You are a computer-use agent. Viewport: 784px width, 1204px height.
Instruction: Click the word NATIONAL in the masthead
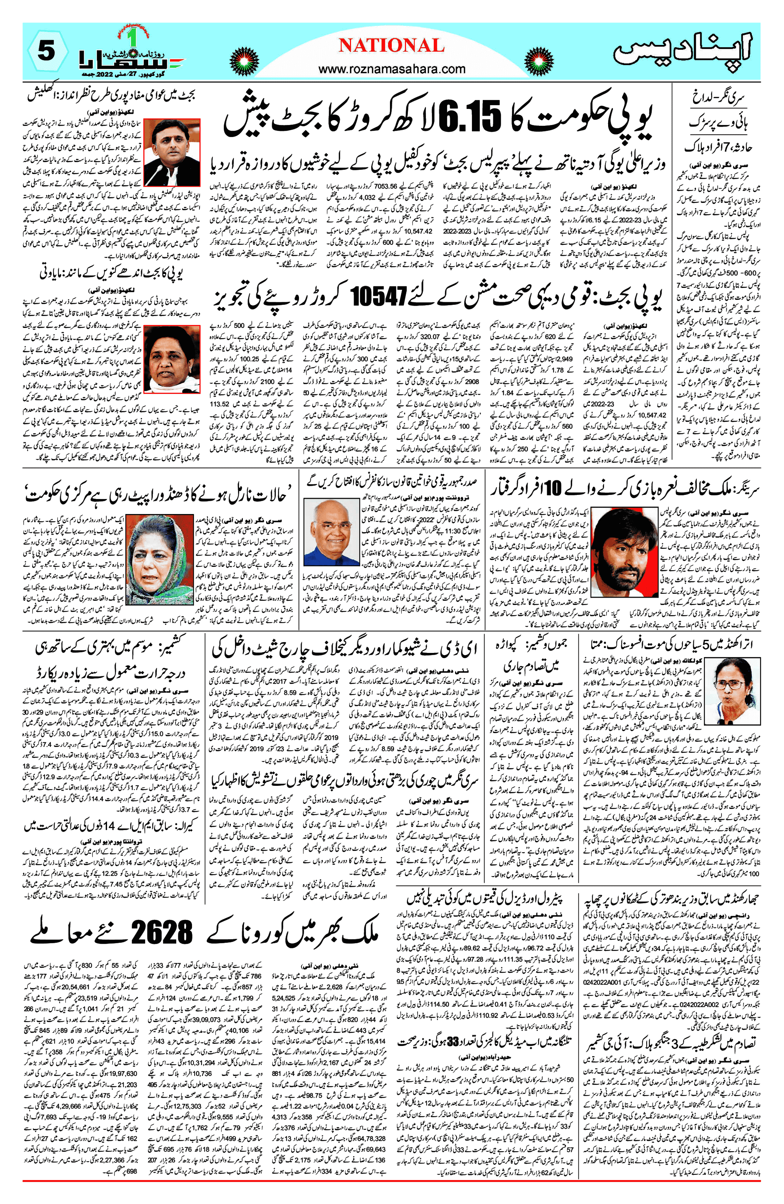tap(391, 46)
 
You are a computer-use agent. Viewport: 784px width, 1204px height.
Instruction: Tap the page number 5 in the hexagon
tap(46, 51)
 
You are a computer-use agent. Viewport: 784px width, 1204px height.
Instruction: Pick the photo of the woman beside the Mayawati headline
tap(172, 359)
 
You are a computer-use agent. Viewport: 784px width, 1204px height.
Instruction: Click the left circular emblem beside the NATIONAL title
tap(244, 62)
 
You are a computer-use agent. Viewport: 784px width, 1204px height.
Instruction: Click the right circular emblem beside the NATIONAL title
tap(538, 62)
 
